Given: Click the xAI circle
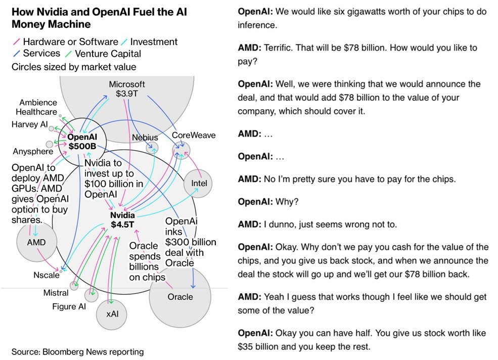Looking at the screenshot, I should coord(112,314).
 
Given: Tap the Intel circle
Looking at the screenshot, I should coord(199,184).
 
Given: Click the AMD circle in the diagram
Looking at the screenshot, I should coord(36,242).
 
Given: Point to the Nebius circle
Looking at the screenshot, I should coord(152,148).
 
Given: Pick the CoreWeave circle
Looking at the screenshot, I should coord(181,149).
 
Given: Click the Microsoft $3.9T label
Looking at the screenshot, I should coord(127,89).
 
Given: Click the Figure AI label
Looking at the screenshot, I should coord(69,307).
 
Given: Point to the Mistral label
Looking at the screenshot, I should coord(56,293).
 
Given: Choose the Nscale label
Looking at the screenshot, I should coord(47,276).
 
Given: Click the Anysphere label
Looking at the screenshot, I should coord(33,151).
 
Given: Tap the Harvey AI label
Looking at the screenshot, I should coord(32,124).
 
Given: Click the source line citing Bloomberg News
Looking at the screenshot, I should coord(77,352).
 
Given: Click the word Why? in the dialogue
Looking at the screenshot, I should coord(287,201).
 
